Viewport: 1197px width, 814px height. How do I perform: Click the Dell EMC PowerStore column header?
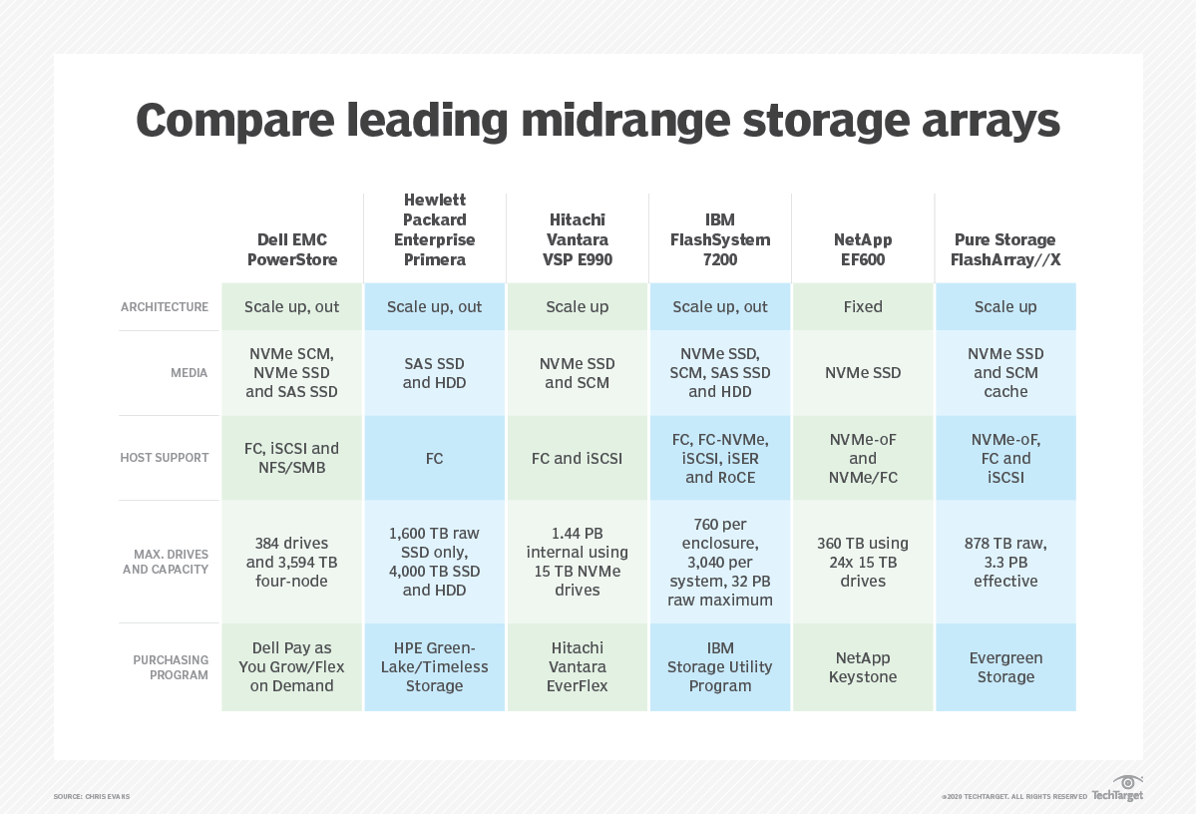tap(291, 249)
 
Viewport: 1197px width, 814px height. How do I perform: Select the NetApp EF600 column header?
tap(863, 249)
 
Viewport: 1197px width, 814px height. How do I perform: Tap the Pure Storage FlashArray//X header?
tap(1005, 249)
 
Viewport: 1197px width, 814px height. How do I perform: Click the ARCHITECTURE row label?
tap(165, 307)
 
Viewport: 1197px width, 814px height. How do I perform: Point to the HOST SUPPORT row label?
tap(165, 458)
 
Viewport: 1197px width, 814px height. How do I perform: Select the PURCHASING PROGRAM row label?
tap(171, 667)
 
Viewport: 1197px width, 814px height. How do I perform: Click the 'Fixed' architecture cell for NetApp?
tap(863, 307)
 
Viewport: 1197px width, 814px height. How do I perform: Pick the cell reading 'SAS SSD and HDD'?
tap(435, 373)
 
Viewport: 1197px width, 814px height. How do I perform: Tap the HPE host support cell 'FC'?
tap(435, 458)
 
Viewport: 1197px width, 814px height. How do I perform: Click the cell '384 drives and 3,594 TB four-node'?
tap(291, 562)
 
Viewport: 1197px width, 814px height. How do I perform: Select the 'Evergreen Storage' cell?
tap(1005, 667)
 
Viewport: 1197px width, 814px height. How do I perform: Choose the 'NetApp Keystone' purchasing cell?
tap(863, 667)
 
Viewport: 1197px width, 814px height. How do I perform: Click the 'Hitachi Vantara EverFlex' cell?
tap(578, 667)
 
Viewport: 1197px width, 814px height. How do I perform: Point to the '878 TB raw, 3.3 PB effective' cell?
tap(1005, 562)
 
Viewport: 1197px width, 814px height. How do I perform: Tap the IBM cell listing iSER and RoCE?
tap(720, 458)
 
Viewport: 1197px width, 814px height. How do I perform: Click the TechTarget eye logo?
tap(1127, 783)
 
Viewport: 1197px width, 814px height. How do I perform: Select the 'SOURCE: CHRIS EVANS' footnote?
tap(92, 796)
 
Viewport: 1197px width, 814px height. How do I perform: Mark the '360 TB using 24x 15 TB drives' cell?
tap(863, 562)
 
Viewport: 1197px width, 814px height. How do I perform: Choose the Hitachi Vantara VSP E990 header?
tap(578, 239)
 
